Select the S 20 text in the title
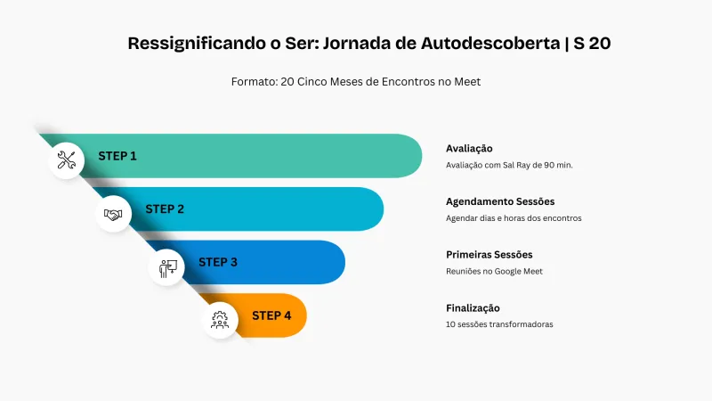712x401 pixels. [x=592, y=43]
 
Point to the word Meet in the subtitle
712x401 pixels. [x=466, y=81]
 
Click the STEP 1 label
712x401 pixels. [x=117, y=156]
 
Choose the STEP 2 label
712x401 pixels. [x=165, y=209]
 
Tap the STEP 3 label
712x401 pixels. [x=218, y=262]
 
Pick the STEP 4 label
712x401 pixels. [x=271, y=315]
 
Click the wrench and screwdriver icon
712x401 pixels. [x=67, y=160]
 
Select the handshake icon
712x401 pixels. [x=113, y=214]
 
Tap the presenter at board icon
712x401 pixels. [x=166, y=267]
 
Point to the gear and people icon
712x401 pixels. [x=220, y=320]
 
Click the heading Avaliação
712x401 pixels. [x=469, y=148]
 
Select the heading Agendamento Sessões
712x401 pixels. [x=500, y=201]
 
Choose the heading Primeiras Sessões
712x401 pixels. [x=489, y=255]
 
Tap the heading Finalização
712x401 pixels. [x=473, y=307]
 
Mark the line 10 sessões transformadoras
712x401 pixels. [x=499, y=324]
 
